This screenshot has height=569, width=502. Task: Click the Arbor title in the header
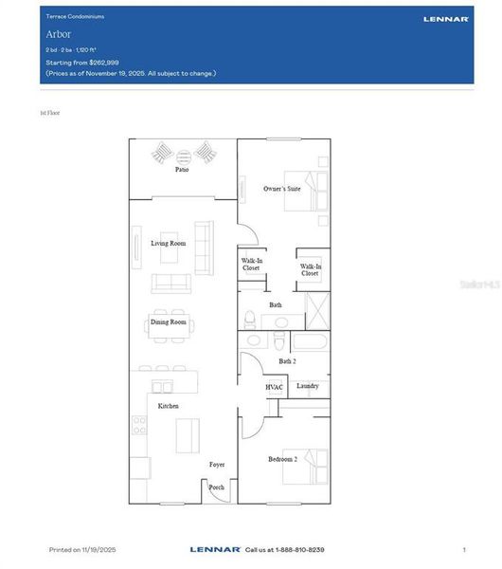[58, 34]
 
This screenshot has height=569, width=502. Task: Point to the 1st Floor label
[50, 113]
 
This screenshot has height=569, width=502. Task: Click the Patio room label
[181, 170]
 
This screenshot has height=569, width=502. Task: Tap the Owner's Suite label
[281, 189]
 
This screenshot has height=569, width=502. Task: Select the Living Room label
[169, 244]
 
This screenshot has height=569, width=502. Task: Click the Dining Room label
[169, 322]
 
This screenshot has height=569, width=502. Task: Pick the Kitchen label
[169, 406]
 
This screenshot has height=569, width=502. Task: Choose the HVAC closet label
[275, 387]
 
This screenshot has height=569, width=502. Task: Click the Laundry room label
[308, 386]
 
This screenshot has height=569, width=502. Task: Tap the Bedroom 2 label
[282, 459]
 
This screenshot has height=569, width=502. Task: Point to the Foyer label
[217, 465]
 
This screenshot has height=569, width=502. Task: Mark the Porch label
[217, 487]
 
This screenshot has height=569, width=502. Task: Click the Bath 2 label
[288, 361]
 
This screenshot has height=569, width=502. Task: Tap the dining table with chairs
[171, 323]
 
